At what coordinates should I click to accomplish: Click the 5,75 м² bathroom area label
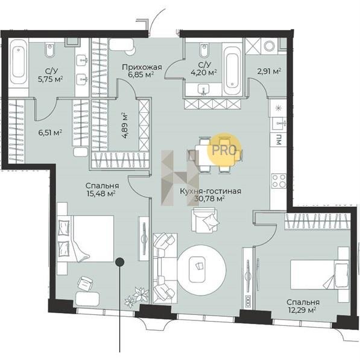50,79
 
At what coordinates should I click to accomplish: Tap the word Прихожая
142,68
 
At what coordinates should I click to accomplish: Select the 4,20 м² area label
204,73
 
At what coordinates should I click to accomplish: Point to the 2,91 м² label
269,71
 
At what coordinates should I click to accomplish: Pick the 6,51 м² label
50,133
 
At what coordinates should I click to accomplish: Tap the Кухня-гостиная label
210,191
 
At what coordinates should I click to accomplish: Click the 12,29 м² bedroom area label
302,310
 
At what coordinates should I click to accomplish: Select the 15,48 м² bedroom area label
101,193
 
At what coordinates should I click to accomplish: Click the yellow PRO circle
224,149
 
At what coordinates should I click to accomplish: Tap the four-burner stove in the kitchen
279,181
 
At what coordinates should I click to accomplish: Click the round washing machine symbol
269,46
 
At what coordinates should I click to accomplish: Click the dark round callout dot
120,262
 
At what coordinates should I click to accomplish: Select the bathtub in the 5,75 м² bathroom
18,62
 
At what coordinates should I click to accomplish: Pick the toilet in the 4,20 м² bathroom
204,51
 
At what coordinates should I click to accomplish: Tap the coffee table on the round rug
197,270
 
